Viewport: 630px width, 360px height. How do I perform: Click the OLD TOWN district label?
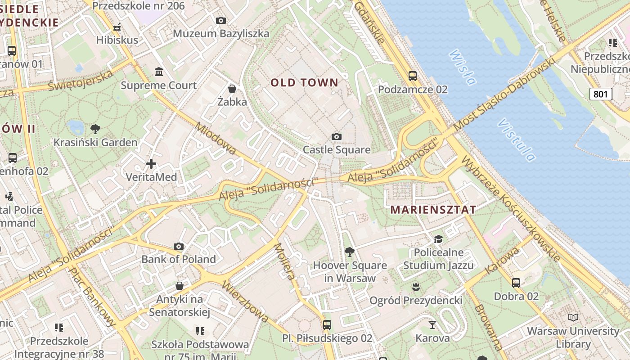(x=304, y=82)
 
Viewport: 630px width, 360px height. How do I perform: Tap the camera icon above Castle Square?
(x=336, y=136)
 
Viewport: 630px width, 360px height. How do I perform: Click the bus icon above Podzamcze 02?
(x=412, y=76)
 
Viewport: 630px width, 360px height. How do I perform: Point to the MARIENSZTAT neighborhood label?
(x=433, y=210)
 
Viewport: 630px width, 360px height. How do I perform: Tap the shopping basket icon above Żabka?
(x=232, y=89)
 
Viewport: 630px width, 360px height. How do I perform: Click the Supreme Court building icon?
(x=158, y=72)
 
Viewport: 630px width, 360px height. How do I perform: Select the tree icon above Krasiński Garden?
(x=95, y=129)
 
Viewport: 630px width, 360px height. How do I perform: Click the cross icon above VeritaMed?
(x=151, y=164)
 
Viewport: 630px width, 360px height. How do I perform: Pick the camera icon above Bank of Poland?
(x=179, y=246)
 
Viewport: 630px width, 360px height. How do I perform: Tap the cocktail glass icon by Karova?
(x=432, y=324)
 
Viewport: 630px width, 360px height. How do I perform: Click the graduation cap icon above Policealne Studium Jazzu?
(x=438, y=239)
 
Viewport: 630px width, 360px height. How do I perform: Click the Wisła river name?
(x=462, y=67)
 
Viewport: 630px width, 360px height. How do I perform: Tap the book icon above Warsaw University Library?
(x=573, y=318)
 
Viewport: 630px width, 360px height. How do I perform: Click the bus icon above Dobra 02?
(x=516, y=283)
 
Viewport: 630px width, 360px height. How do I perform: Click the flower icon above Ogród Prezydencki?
(x=416, y=287)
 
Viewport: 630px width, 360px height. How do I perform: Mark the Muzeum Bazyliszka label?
(x=221, y=33)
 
